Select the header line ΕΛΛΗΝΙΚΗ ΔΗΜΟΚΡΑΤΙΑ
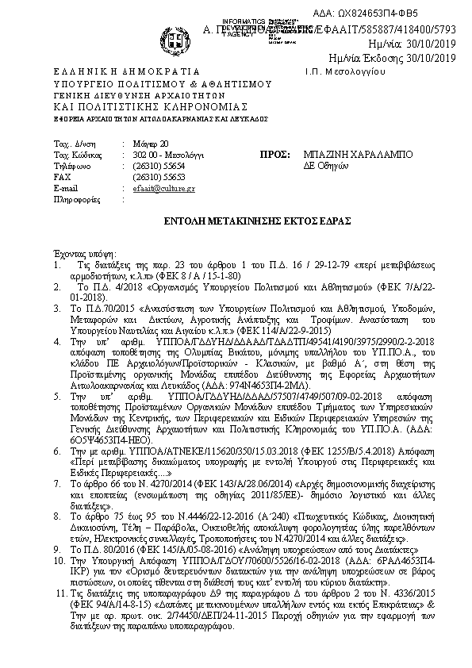[103, 71]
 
